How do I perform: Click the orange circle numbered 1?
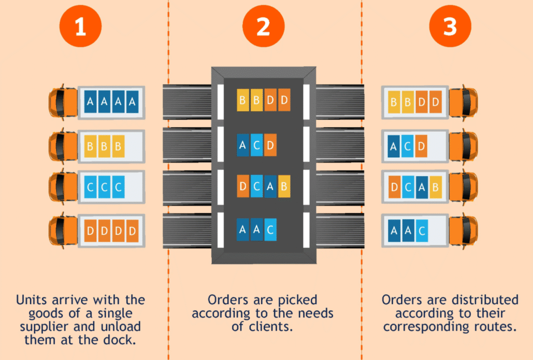click(x=81, y=26)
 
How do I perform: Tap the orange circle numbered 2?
click(x=263, y=26)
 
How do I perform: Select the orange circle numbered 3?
click(x=450, y=26)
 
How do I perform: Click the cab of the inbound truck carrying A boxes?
click(x=63, y=102)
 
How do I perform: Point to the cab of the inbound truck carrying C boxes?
click(x=63, y=187)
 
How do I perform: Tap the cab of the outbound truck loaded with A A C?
click(x=464, y=231)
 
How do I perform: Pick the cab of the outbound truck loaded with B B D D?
click(x=464, y=102)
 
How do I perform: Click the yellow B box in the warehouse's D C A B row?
click(x=284, y=186)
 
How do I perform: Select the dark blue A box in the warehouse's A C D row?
click(x=243, y=145)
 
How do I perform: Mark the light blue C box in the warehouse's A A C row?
click(x=270, y=230)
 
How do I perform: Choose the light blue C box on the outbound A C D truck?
click(x=407, y=146)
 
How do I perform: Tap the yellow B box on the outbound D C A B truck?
click(x=436, y=187)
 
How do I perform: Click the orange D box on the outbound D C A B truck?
click(x=395, y=187)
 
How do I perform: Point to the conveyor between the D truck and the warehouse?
click(x=187, y=231)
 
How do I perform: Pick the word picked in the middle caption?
click(x=296, y=300)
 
